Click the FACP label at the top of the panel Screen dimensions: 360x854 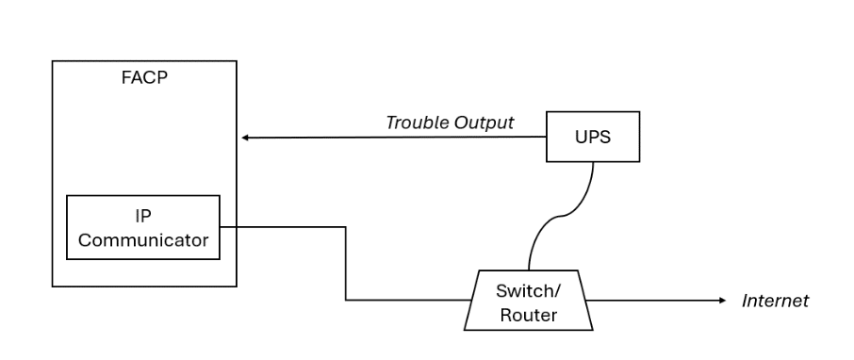144,77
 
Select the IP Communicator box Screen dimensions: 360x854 143,228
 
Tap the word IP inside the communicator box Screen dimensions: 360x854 143,216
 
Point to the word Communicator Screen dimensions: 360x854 143,240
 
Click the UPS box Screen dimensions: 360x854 593,137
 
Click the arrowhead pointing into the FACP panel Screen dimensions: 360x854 245,138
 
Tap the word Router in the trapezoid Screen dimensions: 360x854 528,315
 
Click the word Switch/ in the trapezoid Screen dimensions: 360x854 528,290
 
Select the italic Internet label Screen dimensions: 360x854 775,302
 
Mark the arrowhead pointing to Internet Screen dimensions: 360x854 722,302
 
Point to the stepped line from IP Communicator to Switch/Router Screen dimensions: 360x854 346,264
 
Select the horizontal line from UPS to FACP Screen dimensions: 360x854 396,138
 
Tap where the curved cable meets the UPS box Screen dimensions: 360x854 593,162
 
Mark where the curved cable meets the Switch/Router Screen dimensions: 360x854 529,271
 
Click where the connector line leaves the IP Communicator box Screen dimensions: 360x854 221,226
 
